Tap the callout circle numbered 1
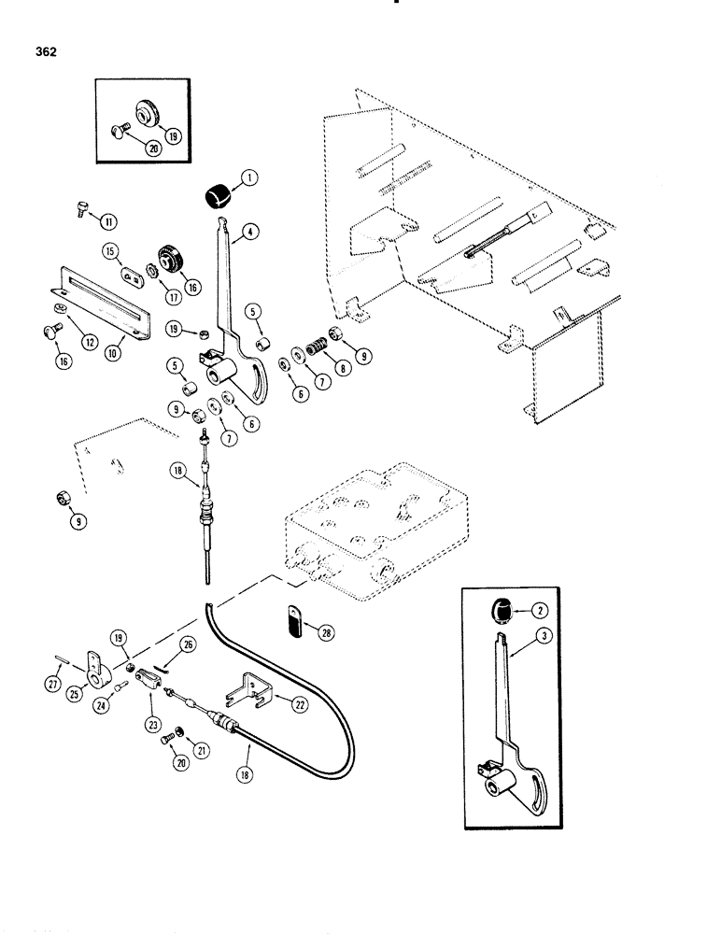(251, 177)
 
